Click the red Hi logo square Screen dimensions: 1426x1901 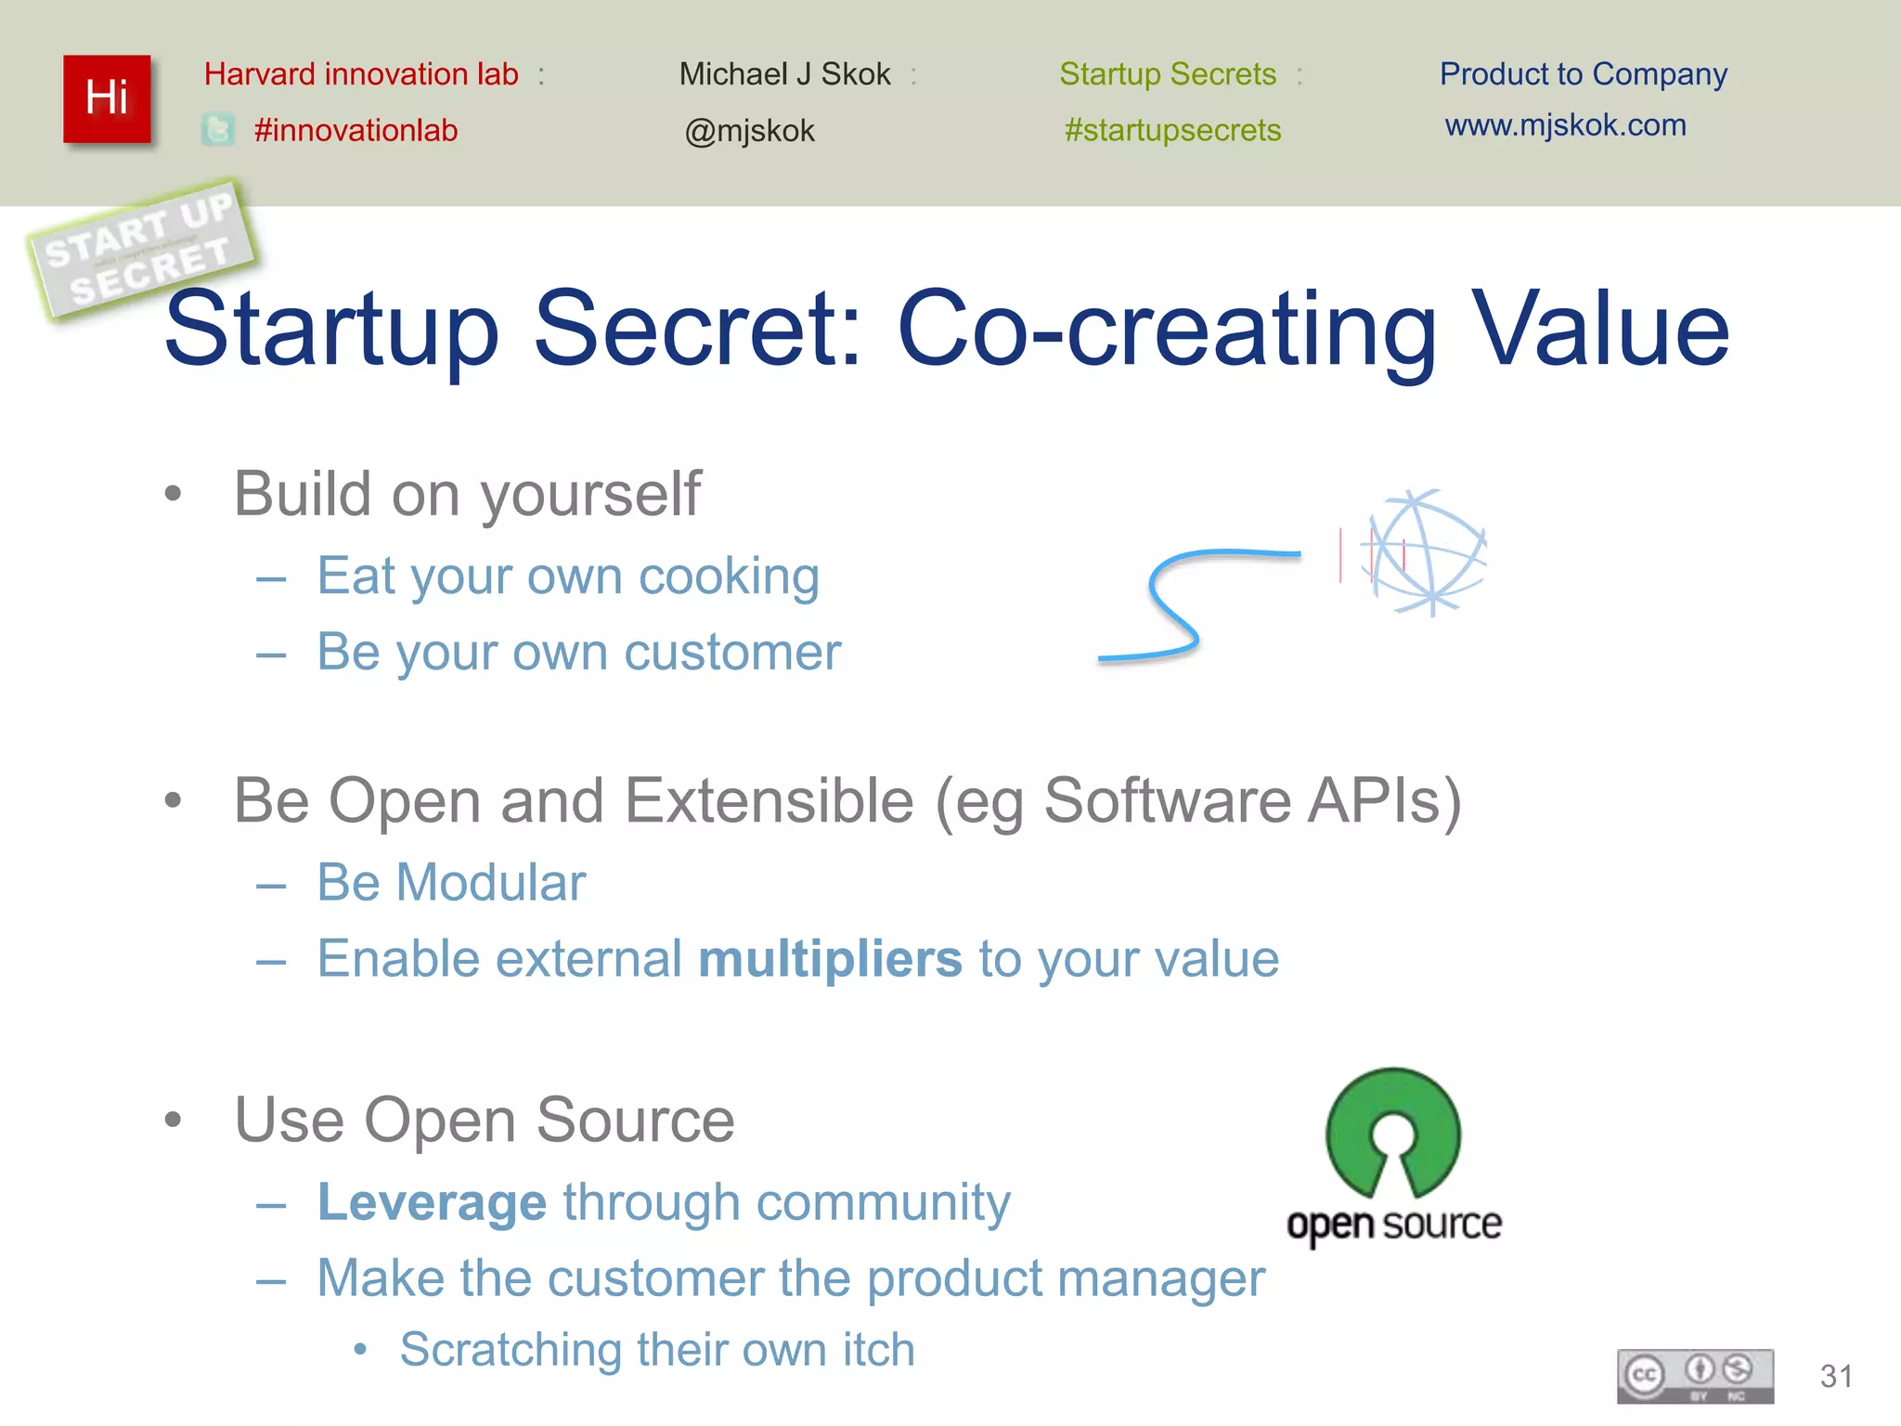tap(107, 98)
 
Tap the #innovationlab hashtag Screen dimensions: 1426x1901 tap(356, 131)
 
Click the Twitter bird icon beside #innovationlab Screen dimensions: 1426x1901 tap(218, 130)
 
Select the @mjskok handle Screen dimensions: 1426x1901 tap(749, 131)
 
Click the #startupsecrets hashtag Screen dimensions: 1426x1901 tap(1172, 130)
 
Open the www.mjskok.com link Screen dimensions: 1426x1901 tap(1565, 125)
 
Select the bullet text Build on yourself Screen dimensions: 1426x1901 tap(467, 493)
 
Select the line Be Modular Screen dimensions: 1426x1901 tap(451, 882)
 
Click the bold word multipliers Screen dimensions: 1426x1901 tap(830, 959)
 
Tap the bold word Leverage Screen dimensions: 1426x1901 tap(432, 1202)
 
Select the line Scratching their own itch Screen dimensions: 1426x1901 tap(656, 1349)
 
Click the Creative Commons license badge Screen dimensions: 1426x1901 tap(1695, 1376)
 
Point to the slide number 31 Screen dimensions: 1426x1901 tap(1835, 1376)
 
